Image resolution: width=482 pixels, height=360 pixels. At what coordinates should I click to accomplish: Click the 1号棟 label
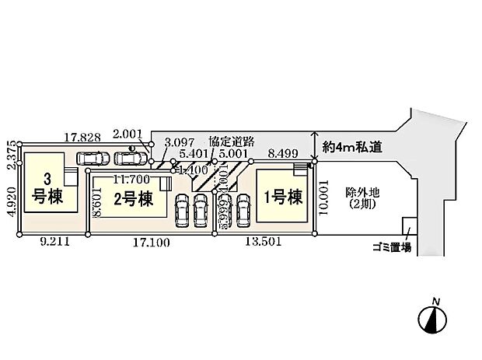click(283, 197)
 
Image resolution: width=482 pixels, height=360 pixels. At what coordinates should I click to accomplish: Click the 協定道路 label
click(232, 142)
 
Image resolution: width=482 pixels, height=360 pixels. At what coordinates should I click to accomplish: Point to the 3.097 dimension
click(180, 143)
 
